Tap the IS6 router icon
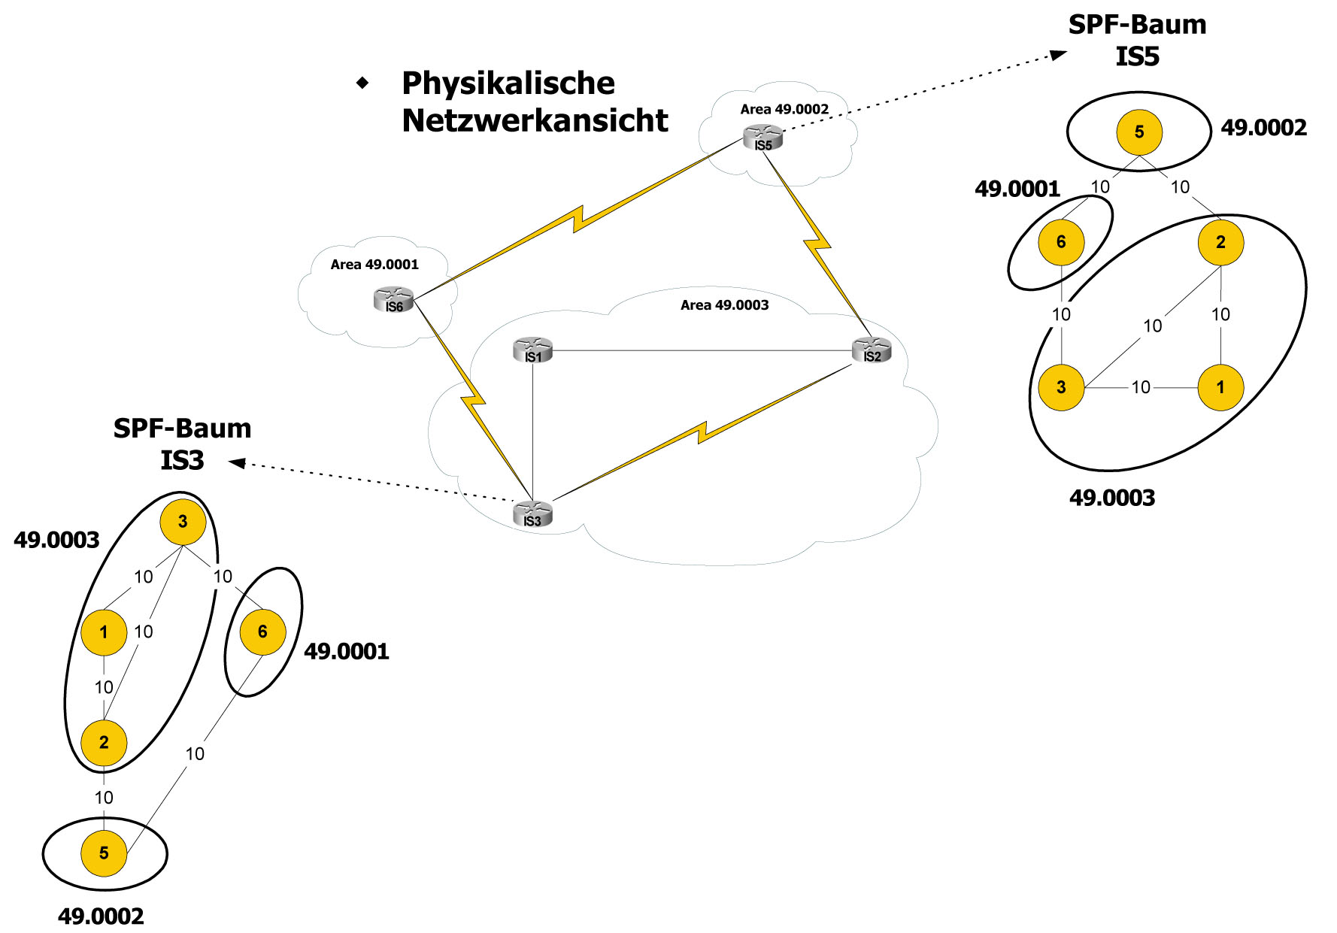click(393, 299)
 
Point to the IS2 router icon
click(872, 350)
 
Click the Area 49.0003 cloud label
click(724, 305)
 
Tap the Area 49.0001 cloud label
click(374, 265)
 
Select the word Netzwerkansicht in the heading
click(535, 120)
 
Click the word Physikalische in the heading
click(508, 83)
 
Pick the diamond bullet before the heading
click(363, 83)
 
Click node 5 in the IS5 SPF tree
click(1138, 132)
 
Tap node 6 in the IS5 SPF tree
click(1060, 242)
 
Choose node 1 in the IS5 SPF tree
click(1220, 387)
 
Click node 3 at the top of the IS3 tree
click(183, 522)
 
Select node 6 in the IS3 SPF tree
click(262, 632)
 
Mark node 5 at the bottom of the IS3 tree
click(104, 853)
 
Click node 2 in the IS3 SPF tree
click(104, 743)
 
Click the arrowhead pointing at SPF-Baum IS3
click(237, 462)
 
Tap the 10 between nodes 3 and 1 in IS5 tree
click(1141, 387)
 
